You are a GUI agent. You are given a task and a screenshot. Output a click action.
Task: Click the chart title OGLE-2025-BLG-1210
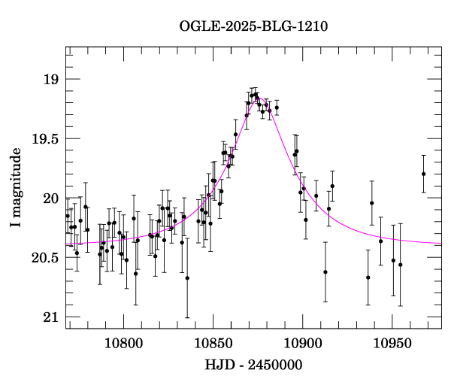(x=253, y=26)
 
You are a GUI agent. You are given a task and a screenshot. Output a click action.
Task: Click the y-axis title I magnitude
(x=16, y=188)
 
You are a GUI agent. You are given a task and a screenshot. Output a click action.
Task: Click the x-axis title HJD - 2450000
(x=253, y=365)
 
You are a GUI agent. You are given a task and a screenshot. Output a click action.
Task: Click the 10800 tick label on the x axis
(x=121, y=344)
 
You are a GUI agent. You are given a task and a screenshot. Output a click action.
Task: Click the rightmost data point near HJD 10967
(x=424, y=174)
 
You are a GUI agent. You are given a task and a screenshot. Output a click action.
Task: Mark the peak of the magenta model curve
(x=256, y=97)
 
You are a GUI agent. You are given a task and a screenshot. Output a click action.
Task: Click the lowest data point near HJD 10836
(x=187, y=277)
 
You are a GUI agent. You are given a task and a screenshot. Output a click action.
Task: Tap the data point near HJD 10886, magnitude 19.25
(x=277, y=108)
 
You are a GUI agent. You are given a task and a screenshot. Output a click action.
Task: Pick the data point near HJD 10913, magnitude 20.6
(x=325, y=272)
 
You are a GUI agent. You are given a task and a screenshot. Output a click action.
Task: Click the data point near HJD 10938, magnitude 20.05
(x=372, y=203)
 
